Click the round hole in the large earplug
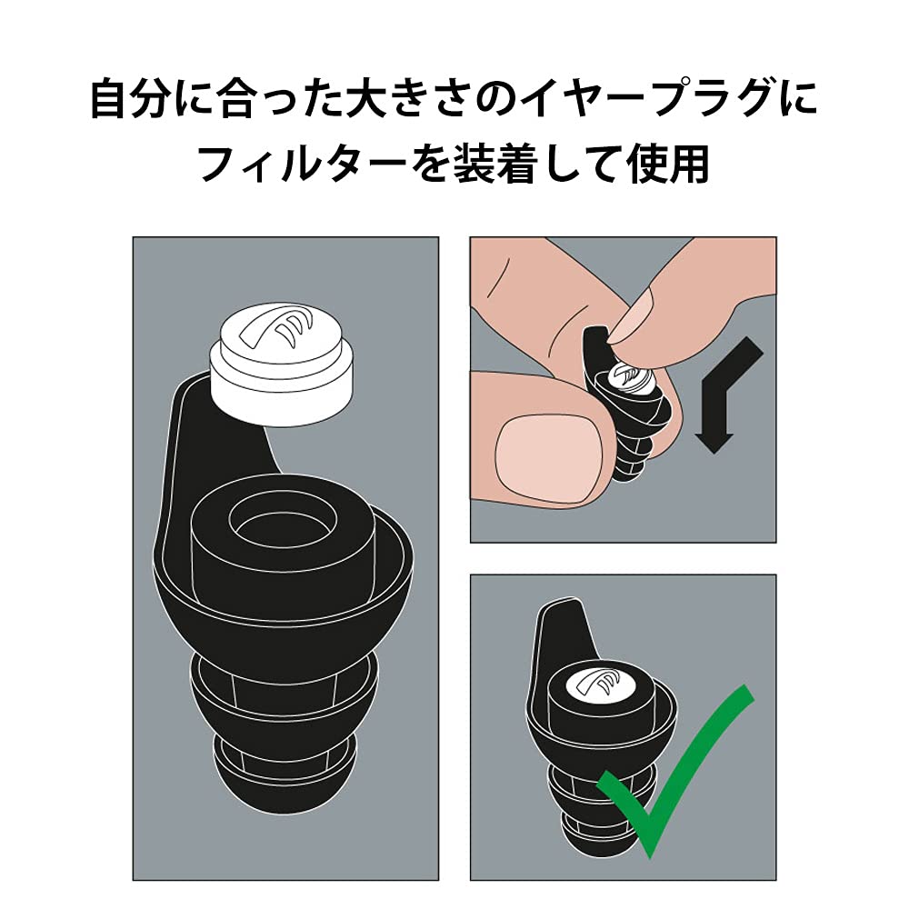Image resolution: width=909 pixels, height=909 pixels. pyautogui.click(x=283, y=522)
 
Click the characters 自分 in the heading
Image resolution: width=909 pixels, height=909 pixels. pyautogui.click(x=130, y=99)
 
